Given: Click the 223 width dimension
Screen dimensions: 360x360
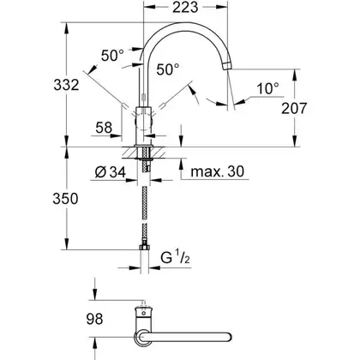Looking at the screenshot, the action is [185, 8].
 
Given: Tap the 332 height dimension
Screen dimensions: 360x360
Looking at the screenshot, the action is [66, 85].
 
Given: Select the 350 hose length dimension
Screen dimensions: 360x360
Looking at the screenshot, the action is [65, 198].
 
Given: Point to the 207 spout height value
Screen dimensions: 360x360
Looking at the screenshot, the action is [294, 108].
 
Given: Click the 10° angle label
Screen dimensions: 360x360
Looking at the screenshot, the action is [268, 88].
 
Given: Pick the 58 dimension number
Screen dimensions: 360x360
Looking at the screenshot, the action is [104, 128].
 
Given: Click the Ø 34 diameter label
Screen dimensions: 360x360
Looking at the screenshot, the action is [111, 172].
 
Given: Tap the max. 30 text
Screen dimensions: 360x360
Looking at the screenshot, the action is [218, 171].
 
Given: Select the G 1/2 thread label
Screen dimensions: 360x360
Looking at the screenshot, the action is [175, 257].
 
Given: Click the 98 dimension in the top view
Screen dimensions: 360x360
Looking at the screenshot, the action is [94, 319].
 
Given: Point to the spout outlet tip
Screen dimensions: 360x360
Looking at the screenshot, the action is [227, 67].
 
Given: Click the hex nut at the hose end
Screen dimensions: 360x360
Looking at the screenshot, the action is [145, 247].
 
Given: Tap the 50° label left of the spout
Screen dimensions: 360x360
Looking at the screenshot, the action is [112, 55].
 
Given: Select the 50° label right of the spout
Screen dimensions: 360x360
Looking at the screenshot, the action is [168, 69].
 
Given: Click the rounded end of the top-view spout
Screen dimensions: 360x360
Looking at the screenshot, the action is [228, 337].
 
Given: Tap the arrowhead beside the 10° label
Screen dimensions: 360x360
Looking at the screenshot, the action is [241, 101].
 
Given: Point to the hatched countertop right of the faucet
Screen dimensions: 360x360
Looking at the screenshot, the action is [159, 152].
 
